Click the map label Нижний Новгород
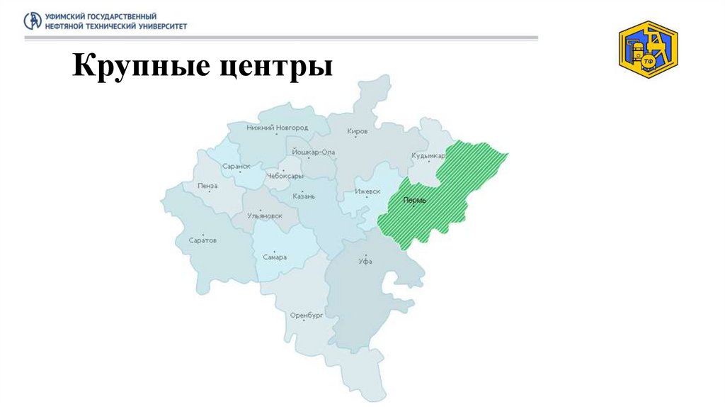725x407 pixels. pos(277,128)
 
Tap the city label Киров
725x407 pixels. pos(358,131)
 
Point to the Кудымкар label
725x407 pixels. pos(428,155)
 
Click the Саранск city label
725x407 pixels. pos(236,167)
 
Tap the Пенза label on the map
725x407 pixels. pos(208,186)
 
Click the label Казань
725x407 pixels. pos(303,196)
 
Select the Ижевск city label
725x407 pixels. pos(367,191)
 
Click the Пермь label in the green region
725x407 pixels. pos(414,201)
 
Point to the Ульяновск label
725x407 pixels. pos(264,216)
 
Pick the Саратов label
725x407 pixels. pos(202,240)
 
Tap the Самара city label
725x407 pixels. pos(274,257)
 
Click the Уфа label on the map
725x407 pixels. pos(365,261)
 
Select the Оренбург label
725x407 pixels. pos(306,316)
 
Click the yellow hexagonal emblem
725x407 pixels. pos(648,49)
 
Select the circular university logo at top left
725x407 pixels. pos(33,21)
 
